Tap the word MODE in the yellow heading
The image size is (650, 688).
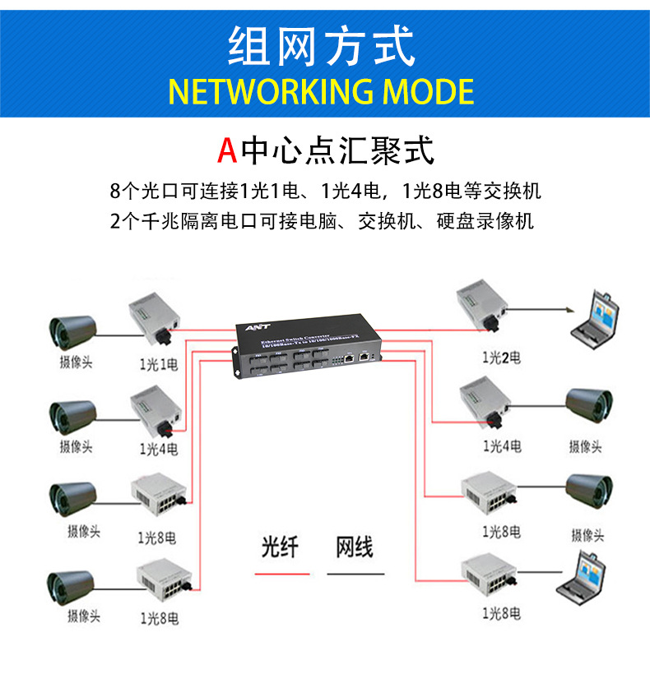point(428,91)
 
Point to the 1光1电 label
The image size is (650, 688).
point(158,364)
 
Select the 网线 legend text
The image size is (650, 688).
point(355,547)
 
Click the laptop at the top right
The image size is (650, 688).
point(598,315)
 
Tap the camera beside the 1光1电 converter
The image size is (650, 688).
point(74,331)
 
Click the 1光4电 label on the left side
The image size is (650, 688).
point(158,449)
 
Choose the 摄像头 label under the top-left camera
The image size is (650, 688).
point(76,362)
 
